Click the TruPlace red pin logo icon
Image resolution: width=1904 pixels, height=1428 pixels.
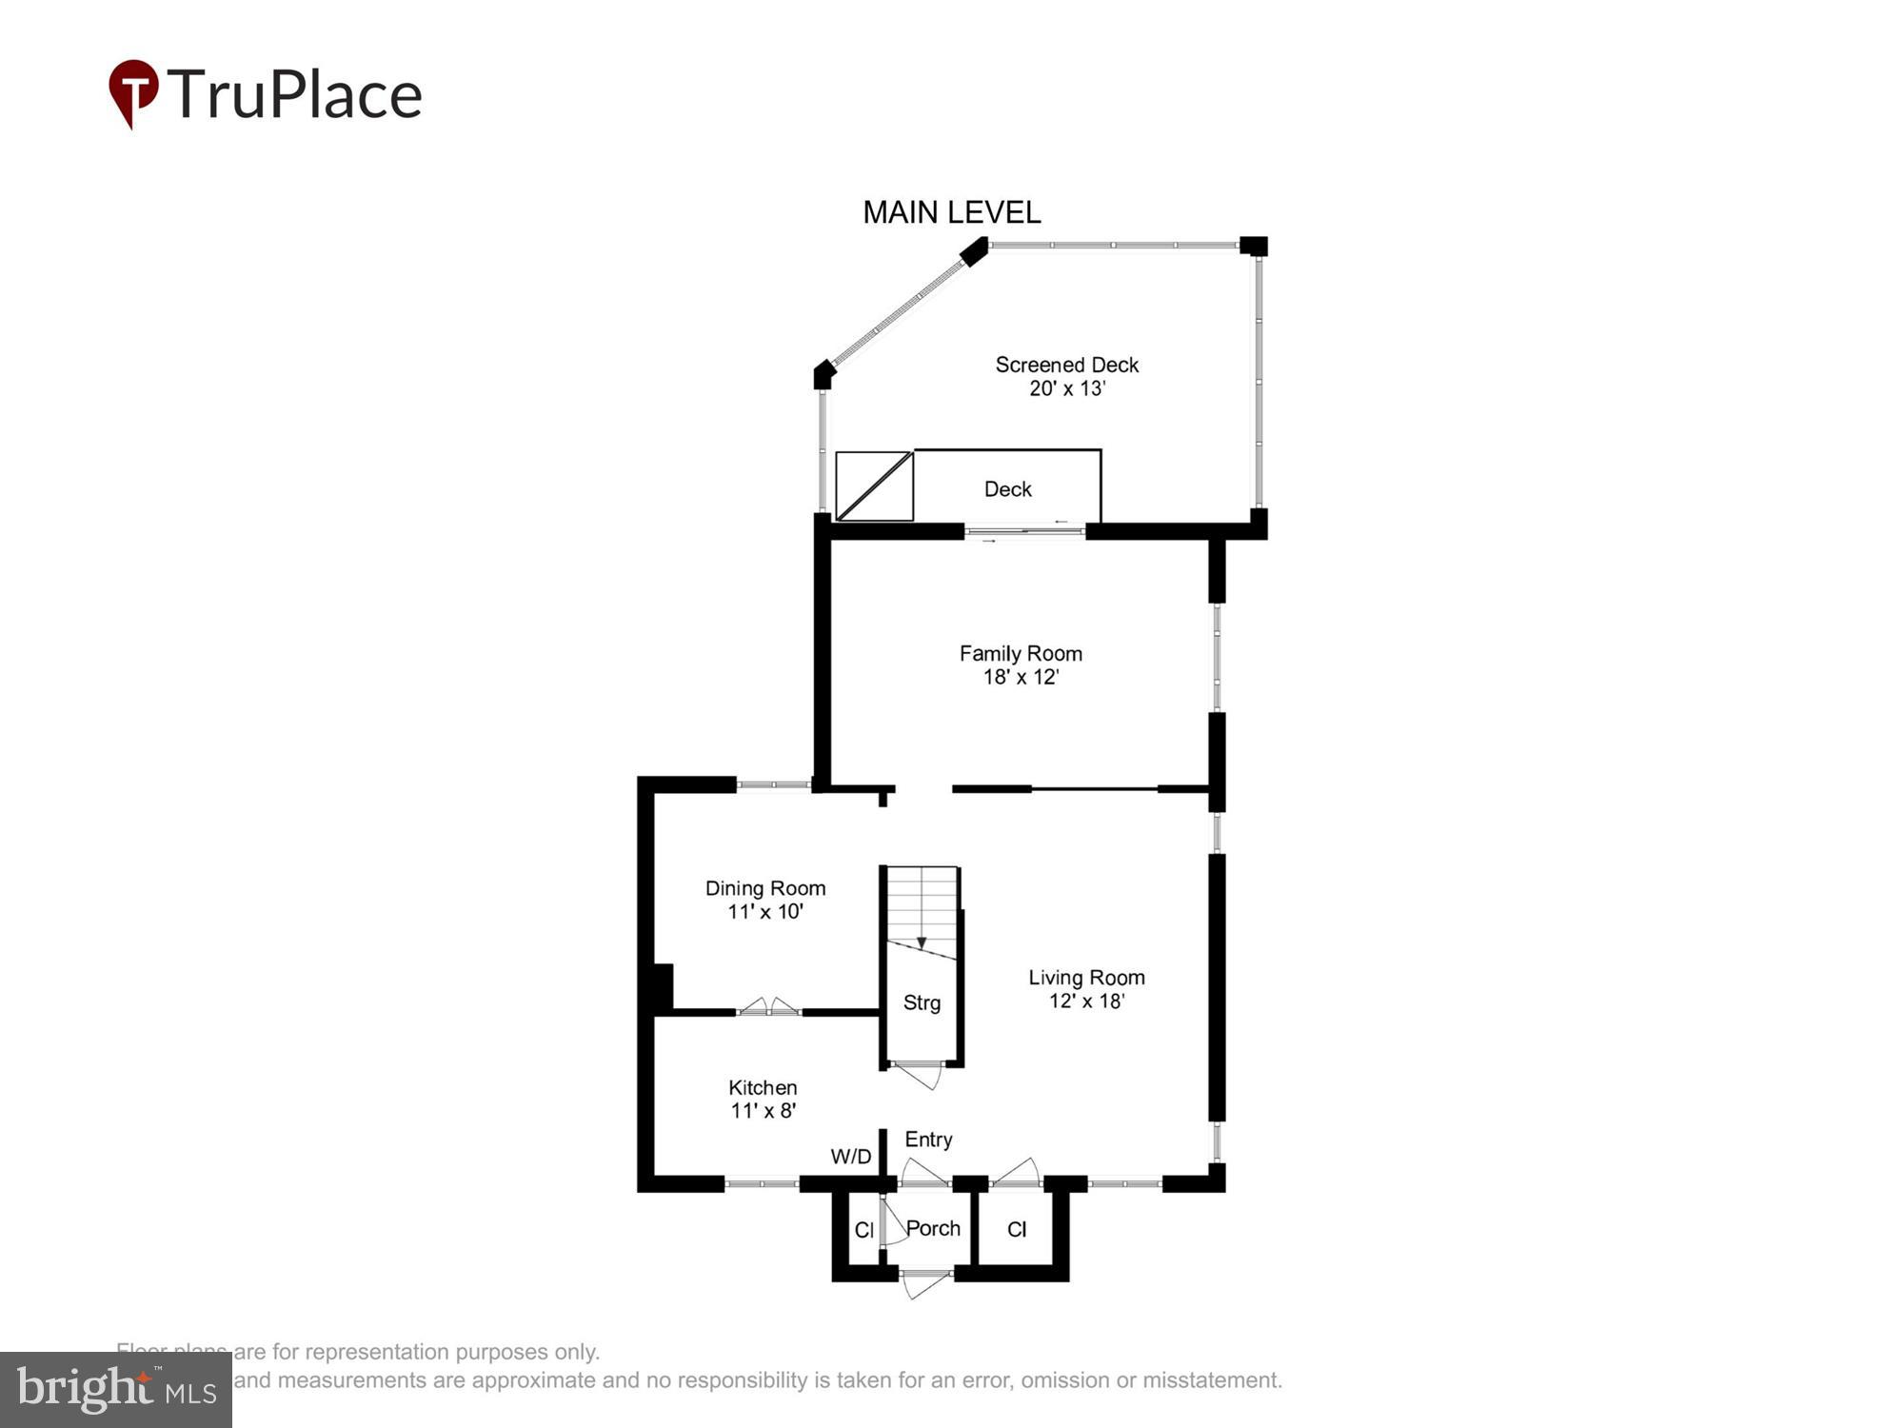tap(133, 92)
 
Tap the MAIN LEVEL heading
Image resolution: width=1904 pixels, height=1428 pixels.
tap(951, 212)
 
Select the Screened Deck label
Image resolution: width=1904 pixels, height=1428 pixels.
tap(1066, 365)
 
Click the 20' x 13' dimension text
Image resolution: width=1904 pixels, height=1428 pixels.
tap(1066, 388)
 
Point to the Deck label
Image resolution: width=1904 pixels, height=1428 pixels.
tap(1007, 489)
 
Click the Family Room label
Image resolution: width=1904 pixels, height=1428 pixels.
tap(1021, 654)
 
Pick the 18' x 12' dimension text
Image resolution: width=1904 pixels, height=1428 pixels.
tap(1021, 677)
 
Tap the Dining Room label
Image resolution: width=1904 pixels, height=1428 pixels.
tap(765, 888)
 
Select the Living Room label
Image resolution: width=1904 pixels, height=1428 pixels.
tap(1086, 978)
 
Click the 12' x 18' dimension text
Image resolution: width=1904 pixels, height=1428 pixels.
tap(1086, 1002)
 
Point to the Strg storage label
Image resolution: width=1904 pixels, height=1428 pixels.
tap(922, 1002)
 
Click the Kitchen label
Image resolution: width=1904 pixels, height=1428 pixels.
tap(763, 1087)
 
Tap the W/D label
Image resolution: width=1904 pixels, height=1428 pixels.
tap(850, 1157)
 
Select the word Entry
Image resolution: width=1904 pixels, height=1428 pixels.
tap(928, 1140)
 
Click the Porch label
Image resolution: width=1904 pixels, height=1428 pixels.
tap(933, 1228)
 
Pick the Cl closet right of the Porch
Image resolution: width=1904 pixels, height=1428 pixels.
tap(1017, 1230)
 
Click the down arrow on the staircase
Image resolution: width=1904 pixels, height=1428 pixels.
tap(921, 942)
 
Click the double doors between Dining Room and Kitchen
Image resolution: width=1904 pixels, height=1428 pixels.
tap(769, 1006)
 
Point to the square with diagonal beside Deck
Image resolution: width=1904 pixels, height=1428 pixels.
tap(874, 486)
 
